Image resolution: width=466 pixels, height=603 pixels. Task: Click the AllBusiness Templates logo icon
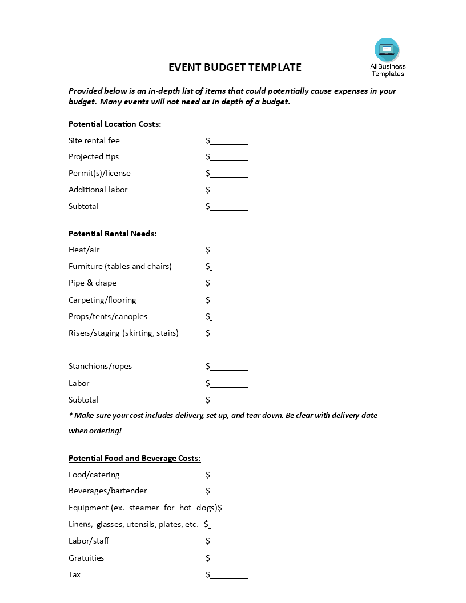tap(387, 50)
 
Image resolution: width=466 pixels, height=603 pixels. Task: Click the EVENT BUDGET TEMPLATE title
tap(235, 67)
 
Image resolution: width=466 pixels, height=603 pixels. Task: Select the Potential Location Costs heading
tap(115, 124)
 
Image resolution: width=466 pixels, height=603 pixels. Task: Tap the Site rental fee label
tap(94, 140)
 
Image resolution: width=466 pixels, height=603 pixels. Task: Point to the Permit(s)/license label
tap(99, 173)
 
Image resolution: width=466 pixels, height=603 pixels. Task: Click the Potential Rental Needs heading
tap(113, 234)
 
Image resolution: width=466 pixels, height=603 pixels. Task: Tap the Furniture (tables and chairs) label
tap(120, 266)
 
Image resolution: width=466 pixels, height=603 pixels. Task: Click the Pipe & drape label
tap(92, 283)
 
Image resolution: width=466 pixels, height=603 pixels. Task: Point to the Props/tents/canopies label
tap(108, 316)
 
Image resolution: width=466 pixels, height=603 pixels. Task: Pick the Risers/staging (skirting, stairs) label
tap(123, 333)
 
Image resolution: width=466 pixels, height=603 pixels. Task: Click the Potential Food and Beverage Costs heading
tap(134, 458)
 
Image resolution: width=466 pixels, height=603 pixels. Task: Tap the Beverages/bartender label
tap(107, 491)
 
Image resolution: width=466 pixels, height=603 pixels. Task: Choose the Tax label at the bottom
tap(75, 574)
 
